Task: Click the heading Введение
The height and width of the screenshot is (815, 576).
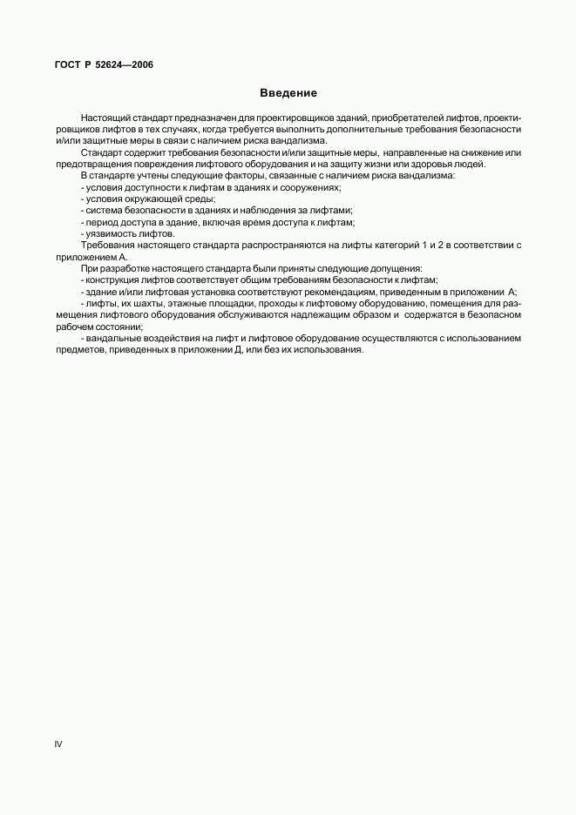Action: pyautogui.click(x=288, y=93)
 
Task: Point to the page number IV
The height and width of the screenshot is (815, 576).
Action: pyautogui.click(x=58, y=744)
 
